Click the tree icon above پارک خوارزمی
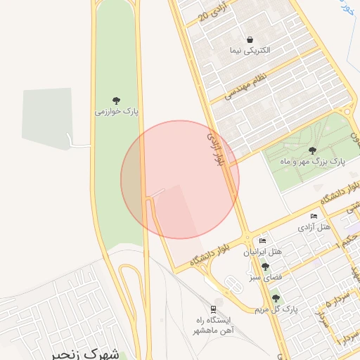(x=116, y=100)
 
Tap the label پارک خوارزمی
(x=117, y=111)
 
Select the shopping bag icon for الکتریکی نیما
(x=250, y=39)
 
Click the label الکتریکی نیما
(x=250, y=51)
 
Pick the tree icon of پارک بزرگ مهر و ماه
(x=312, y=150)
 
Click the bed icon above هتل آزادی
(x=314, y=216)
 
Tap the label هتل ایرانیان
(x=263, y=251)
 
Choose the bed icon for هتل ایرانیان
(x=263, y=240)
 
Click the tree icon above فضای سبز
(x=265, y=266)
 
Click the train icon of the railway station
(x=213, y=309)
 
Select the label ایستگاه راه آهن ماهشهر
(x=213, y=325)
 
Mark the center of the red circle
(x=180, y=179)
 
